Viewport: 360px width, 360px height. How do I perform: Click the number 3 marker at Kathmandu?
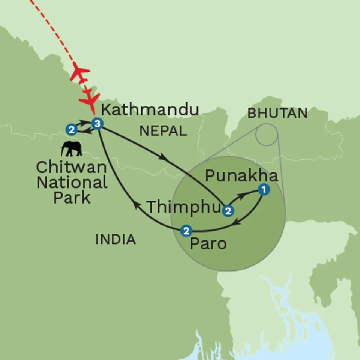coord(97,124)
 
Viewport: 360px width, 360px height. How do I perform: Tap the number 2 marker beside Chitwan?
coord(71,130)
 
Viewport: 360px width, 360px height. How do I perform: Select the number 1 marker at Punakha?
coord(264,190)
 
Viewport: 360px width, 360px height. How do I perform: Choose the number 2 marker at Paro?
coord(186,231)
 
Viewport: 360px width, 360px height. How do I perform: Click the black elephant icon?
coord(72,149)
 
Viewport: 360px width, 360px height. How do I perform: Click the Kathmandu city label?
coord(150,110)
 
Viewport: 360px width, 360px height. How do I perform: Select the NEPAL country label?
coord(162,131)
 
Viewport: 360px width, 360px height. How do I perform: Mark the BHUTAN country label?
coord(277,113)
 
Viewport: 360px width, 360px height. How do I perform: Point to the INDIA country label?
coord(115,239)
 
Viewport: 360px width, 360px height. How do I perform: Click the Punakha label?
coord(242,175)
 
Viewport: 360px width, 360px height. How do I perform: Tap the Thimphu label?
coord(184,207)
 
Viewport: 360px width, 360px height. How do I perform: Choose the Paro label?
coord(208,244)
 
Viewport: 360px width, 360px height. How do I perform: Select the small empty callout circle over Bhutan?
coord(266,135)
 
